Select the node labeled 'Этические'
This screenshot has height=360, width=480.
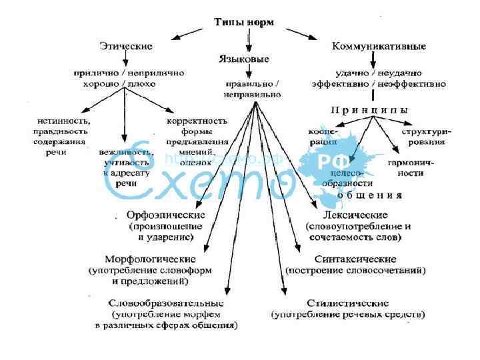click(x=126, y=47)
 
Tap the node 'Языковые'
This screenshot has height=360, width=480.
click(x=244, y=59)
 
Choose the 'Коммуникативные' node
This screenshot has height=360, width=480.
click(x=379, y=47)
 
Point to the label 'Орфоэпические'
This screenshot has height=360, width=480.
click(x=166, y=216)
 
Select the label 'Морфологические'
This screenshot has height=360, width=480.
click(x=151, y=259)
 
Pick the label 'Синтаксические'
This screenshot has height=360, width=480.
click(x=355, y=259)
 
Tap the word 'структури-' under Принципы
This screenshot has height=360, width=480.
click(x=426, y=131)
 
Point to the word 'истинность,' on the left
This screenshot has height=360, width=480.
click(x=64, y=121)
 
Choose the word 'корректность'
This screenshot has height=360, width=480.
click(x=197, y=121)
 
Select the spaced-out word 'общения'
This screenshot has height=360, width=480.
click(x=369, y=196)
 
